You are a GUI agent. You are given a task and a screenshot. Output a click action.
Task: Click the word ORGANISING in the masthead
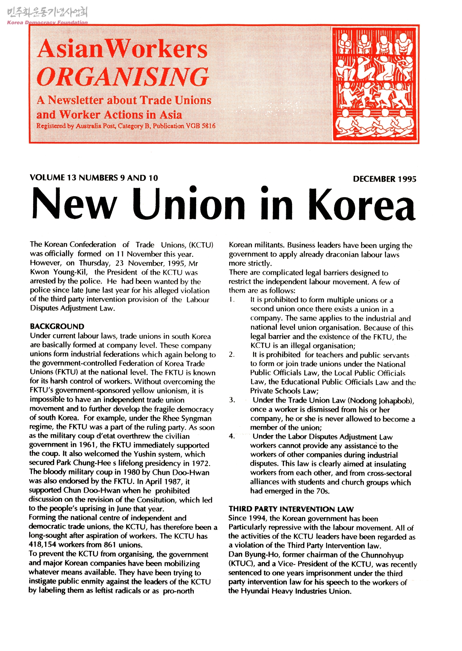pyautogui.click(x=122, y=77)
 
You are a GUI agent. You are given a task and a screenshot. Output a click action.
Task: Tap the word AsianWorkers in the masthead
pyautogui.click(x=122, y=49)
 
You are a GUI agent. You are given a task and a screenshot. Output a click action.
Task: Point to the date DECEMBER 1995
pyautogui.click(x=384, y=179)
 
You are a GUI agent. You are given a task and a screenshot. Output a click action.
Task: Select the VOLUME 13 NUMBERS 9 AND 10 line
pyautogui.click(x=94, y=178)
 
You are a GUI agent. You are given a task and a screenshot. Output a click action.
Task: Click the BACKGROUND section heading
pyautogui.click(x=57, y=326)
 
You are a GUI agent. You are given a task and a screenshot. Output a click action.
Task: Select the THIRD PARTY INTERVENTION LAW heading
pyautogui.click(x=291, y=509)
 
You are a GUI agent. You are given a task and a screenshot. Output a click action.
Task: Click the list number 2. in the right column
pyautogui.click(x=232, y=355)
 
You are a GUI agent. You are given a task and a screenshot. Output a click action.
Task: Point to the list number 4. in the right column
pyautogui.click(x=232, y=436)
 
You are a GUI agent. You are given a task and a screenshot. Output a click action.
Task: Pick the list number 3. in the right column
pyautogui.click(x=232, y=400)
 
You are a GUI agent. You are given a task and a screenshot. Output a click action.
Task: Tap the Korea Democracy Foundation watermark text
pyautogui.click(x=47, y=22)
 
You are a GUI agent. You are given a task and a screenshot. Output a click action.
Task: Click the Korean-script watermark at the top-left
pyautogui.click(x=47, y=12)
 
